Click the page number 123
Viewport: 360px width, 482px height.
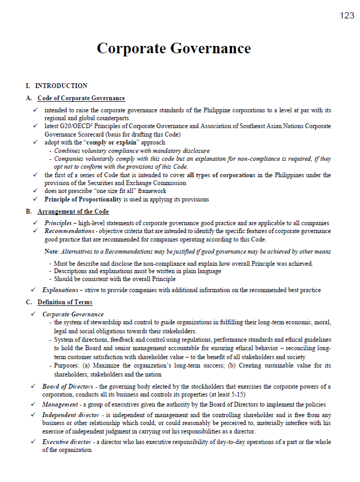click(347, 15)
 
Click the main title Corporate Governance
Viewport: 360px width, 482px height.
click(173, 49)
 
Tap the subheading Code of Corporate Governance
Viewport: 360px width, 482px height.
click(81, 98)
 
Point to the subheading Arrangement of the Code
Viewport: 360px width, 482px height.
click(73, 211)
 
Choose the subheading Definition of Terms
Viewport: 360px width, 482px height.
click(65, 302)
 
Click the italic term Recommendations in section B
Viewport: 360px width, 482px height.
click(69, 231)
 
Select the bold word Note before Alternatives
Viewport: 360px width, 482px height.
click(51, 252)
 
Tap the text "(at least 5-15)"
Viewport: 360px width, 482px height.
click(227, 394)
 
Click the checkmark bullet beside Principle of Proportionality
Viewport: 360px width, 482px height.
click(35, 199)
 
